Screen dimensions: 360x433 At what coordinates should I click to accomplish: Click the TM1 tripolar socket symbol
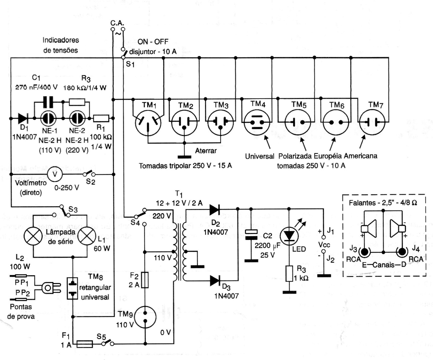[148, 122]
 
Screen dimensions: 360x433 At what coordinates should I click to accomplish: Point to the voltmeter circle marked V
[56, 174]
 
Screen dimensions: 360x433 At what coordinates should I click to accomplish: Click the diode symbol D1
[23, 118]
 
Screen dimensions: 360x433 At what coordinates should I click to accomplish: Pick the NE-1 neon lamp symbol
[48, 118]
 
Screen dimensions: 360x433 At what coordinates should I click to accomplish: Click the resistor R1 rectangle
[101, 118]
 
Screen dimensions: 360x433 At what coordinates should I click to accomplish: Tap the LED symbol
[289, 235]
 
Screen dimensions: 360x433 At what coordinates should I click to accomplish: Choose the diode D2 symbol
[215, 209]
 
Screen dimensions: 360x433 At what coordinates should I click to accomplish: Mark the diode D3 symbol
[215, 281]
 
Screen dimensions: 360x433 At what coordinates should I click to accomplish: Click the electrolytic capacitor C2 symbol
[251, 235]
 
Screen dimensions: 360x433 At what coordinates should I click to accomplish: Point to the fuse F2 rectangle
[145, 279]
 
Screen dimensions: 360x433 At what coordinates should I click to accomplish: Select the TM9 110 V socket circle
[145, 317]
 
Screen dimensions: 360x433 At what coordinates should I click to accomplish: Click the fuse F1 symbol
[84, 344]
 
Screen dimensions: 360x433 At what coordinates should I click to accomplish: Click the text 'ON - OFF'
[153, 42]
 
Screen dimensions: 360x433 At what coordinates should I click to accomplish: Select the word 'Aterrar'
[206, 151]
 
